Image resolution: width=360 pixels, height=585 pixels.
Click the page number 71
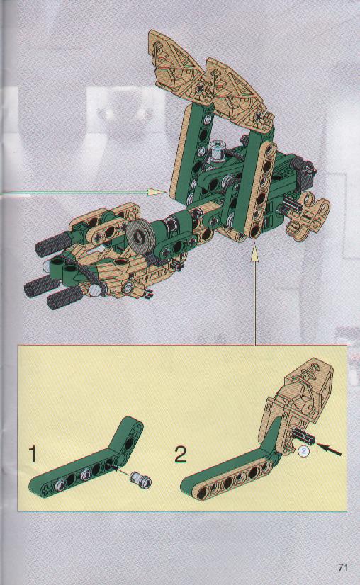pos(343,567)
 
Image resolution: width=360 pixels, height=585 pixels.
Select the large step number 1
pos(33,454)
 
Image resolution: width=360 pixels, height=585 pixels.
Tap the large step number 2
pos(181,455)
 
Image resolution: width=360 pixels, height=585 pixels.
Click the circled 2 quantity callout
pos(304,450)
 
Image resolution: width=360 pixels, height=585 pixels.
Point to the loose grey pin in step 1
pos(141,479)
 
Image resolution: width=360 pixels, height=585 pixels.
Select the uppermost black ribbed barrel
pos(52,244)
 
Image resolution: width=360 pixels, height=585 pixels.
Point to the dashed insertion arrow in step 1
pos(120,469)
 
